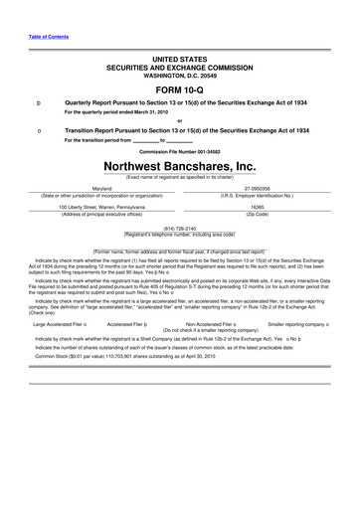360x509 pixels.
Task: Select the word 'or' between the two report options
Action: [180, 121]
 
